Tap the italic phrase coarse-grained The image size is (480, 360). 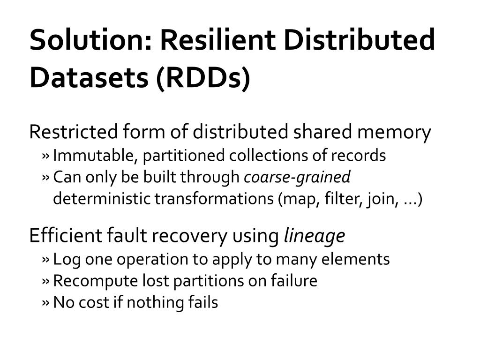point(297,177)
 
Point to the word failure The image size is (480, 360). point(294,281)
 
